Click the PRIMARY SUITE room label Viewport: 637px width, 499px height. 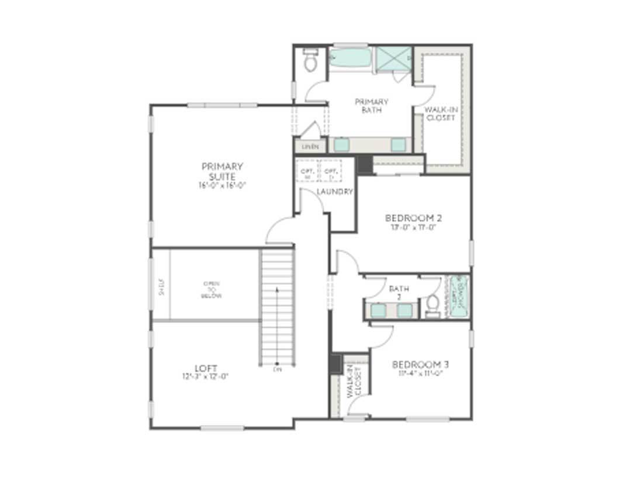[x=222, y=171]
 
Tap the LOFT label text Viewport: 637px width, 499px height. [x=206, y=368]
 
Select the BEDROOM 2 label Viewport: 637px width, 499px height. [x=414, y=218]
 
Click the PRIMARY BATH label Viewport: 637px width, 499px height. [x=372, y=106]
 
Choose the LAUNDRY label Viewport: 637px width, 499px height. [x=334, y=192]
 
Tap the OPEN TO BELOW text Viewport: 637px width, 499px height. [x=212, y=289]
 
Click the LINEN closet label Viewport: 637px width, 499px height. [x=310, y=147]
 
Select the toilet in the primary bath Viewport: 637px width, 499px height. [x=310, y=61]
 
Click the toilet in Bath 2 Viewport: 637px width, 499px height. [x=433, y=304]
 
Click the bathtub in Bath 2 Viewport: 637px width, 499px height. [x=459, y=296]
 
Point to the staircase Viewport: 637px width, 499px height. [x=277, y=306]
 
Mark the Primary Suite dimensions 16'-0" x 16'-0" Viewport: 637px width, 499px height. [x=222, y=185]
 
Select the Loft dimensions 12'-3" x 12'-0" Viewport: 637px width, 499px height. [x=205, y=377]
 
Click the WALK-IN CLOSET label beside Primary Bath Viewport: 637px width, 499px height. [x=440, y=113]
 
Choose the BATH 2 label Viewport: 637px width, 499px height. [x=399, y=293]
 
